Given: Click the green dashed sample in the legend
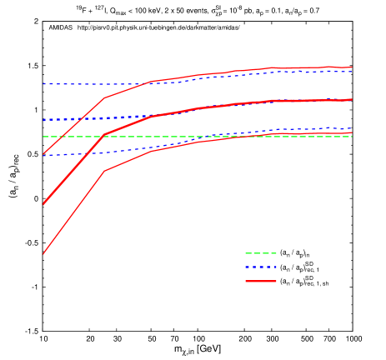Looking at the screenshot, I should [x=260, y=253].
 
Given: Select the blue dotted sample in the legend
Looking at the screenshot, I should [x=260, y=267].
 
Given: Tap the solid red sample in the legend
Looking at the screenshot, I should [x=260, y=282].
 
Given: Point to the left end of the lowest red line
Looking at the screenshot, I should [x=43, y=253].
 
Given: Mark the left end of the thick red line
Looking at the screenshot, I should [x=43, y=204].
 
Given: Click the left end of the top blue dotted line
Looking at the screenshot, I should [x=43, y=84].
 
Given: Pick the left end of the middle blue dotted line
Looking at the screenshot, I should [x=43, y=120].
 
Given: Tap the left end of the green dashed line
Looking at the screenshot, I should [x=43, y=137].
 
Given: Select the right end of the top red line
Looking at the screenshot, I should [x=352, y=67].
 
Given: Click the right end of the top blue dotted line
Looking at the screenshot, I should [x=352, y=72].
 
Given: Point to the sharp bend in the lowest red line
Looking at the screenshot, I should [x=104, y=171].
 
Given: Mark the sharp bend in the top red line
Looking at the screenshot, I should [x=104, y=97].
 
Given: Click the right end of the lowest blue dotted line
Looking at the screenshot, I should [x=352, y=129].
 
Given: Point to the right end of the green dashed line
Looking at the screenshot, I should [x=352, y=137].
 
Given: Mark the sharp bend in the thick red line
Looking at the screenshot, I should [x=104, y=134].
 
